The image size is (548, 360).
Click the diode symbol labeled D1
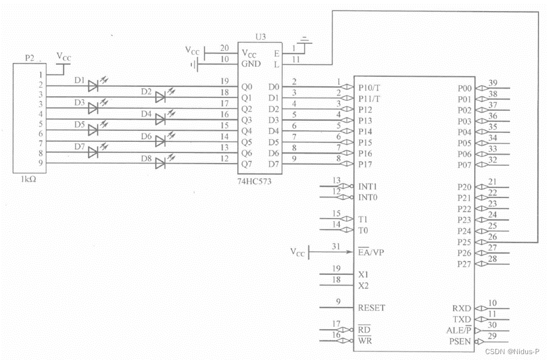[93, 86]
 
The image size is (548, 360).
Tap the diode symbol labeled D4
[160, 120]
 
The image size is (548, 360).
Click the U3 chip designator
[261, 36]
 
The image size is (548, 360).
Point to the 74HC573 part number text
[253, 182]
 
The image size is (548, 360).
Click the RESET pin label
[371, 308]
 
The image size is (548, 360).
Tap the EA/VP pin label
[371, 252]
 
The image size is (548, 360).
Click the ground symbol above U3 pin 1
[304, 41]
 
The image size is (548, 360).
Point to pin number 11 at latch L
[295, 60]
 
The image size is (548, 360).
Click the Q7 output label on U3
[246, 164]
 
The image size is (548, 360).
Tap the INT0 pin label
[368, 198]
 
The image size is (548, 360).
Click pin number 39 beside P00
[493, 83]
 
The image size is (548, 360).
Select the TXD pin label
[462, 319]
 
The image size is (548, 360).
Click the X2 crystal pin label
[363, 286]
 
